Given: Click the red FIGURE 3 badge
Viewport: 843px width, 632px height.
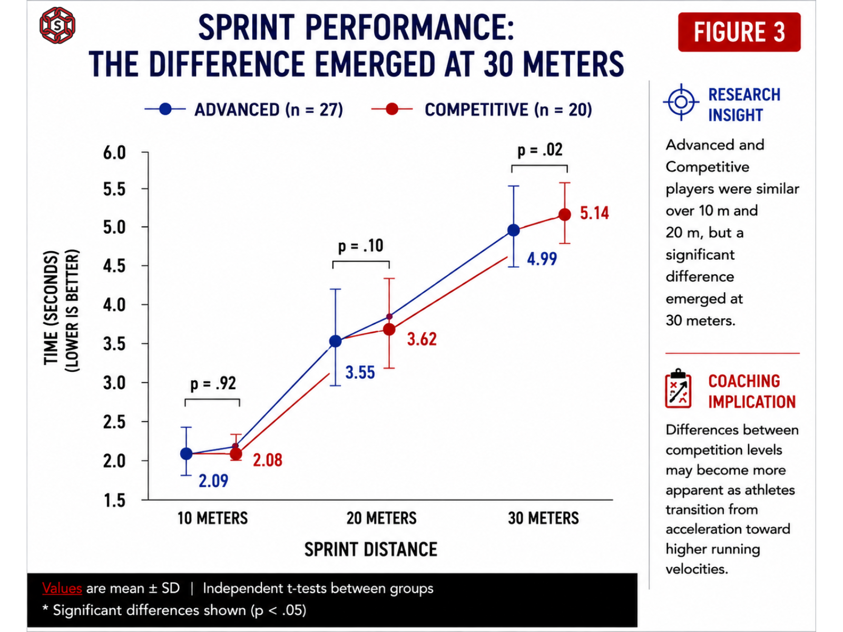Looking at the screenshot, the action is point(739,32).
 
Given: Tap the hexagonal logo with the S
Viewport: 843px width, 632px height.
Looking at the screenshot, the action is point(57,25).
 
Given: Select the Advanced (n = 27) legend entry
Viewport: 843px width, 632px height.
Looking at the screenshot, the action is point(243,110).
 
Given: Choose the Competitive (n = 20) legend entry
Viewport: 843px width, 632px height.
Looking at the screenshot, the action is point(482,110).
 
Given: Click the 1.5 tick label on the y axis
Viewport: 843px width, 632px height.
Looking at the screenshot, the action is point(114,500).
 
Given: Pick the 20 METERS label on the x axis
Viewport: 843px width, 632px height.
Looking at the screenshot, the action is point(381,518).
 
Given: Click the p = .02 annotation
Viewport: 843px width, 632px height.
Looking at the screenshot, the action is point(540,150).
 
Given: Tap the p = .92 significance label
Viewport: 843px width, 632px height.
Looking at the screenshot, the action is point(213,383).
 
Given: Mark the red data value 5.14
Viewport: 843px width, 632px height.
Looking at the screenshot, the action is point(594,213).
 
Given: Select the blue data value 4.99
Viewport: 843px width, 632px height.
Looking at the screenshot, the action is point(542,259).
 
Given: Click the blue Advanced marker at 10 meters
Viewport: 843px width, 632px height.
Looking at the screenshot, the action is point(187,454).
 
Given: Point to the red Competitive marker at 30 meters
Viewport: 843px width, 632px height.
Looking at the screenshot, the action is point(565,214).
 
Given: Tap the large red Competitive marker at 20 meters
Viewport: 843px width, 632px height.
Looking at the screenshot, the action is point(389,329).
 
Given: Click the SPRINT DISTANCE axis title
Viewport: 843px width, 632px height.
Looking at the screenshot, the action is point(370,549).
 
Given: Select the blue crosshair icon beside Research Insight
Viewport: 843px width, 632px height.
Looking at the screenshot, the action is point(681,102).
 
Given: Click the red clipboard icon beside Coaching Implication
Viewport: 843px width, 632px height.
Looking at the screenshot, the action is point(678,389).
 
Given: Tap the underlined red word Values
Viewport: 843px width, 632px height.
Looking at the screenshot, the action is point(62,588).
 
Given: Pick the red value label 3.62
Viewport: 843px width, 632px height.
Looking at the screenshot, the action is point(421,339).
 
